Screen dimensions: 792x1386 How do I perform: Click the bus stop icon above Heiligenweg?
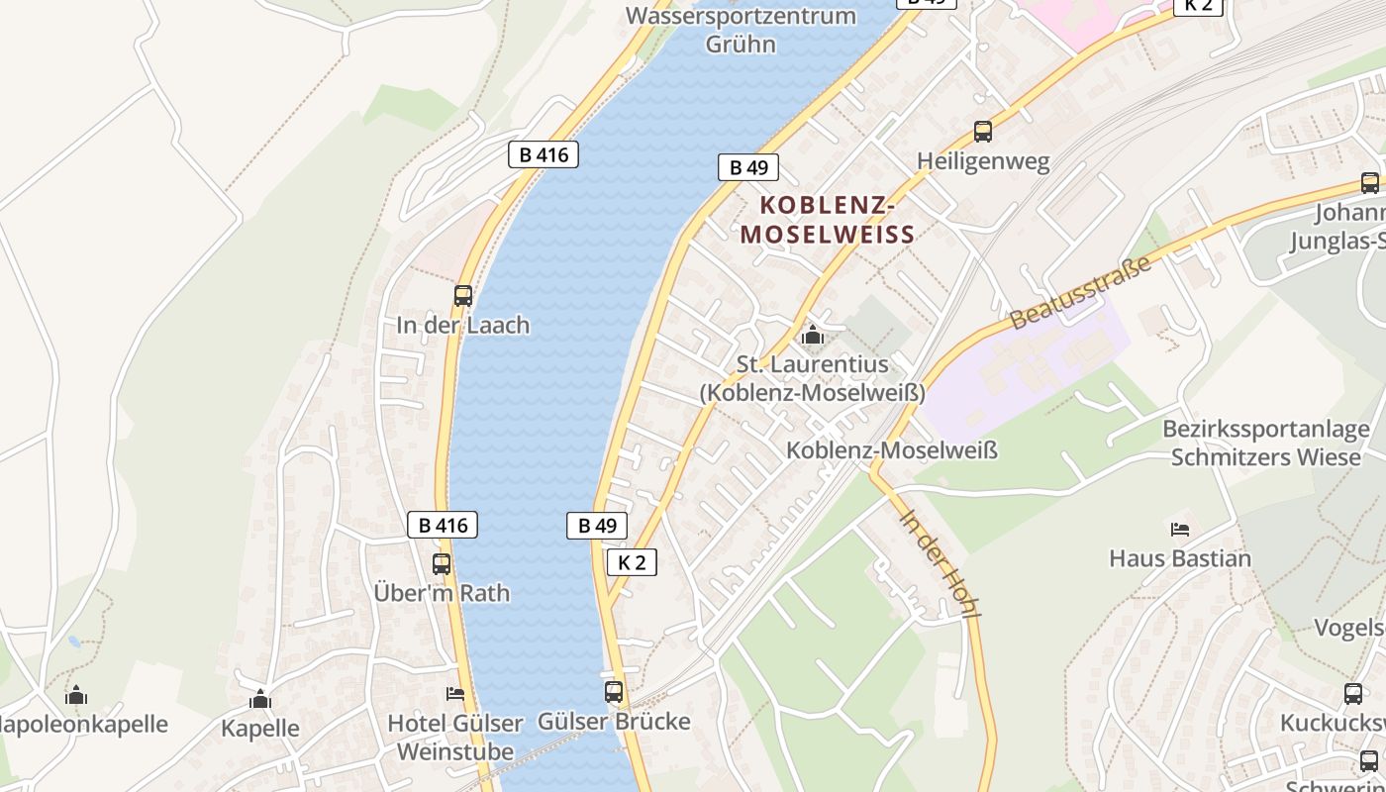982,131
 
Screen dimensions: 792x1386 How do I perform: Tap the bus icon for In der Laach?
462,295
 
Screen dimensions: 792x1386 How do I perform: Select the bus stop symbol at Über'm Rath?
442,563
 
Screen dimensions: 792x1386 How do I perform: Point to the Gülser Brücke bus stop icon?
614,691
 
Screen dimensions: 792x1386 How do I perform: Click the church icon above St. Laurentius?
813,335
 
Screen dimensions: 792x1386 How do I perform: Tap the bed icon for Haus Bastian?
1179,529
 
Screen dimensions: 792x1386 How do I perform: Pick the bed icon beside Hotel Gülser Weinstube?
455,694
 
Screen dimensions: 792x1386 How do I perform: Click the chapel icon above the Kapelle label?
260,699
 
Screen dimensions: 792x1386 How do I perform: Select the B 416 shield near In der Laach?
544,154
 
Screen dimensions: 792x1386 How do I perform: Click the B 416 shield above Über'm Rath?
443,525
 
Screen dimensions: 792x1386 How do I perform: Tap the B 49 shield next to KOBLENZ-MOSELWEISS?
748,167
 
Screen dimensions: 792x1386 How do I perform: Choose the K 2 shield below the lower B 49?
632,562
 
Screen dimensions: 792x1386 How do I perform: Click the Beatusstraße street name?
1081,293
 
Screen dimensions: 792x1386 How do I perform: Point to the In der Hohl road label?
940,563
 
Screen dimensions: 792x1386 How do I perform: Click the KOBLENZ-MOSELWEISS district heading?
827,220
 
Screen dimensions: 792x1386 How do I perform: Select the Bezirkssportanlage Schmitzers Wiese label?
1266,444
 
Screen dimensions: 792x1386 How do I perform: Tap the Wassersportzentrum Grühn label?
741,30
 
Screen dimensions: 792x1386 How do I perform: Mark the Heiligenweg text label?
983,161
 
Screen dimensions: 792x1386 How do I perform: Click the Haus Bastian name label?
1180,558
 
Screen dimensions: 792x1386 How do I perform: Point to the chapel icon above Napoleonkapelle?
76,695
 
